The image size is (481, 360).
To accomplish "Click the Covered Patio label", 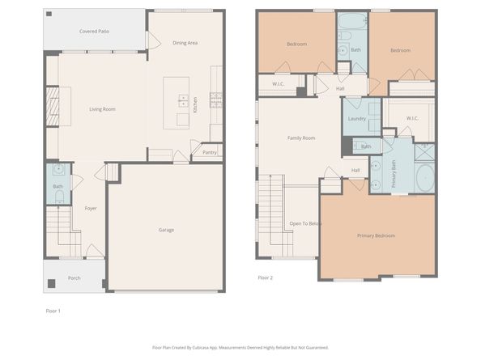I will [x=94, y=32].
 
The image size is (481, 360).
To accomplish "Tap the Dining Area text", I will [x=185, y=43].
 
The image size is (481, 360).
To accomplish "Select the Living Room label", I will [x=102, y=109].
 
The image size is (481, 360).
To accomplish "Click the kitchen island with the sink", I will [x=177, y=102].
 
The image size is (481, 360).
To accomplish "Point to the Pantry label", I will [x=209, y=152].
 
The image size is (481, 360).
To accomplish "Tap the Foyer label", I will [x=91, y=208].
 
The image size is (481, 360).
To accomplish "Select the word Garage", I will [x=165, y=230].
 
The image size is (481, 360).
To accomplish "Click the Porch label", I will [x=74, y=277].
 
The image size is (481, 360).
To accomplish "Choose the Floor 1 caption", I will [x=53, y=310].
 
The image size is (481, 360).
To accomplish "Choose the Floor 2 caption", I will [x=265, y=277].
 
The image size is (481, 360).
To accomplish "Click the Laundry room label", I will [x=356, y=119].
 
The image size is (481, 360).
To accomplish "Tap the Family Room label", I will [x=301, y=138].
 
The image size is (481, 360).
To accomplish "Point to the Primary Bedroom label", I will [x=376, y=235].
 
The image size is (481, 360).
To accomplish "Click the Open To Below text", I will [x=305, y=223].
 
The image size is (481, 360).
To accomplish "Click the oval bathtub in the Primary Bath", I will [x=424, y=177].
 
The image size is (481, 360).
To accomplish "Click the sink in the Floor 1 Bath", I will [x=58, y=170].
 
